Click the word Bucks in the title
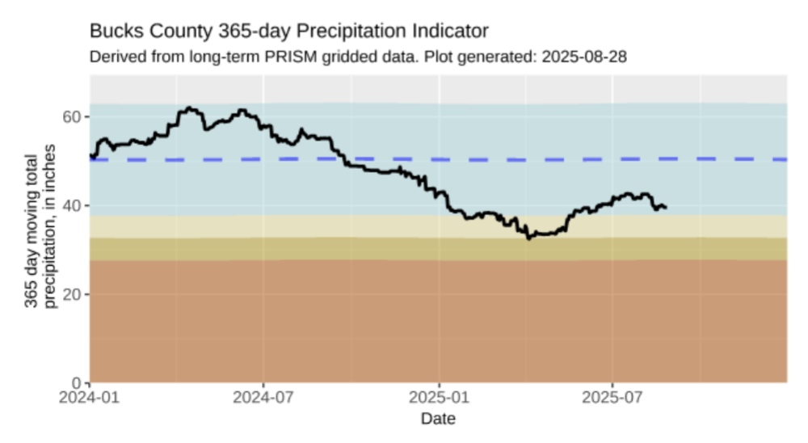pos(113,32)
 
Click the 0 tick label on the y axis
pos(78,382)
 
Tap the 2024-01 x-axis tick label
pos(90,398)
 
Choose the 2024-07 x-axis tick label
pos(263,398)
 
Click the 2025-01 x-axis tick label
pos(439,398)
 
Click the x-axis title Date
pos(438,419)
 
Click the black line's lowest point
pos(528,238)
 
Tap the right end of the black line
pos(666,208)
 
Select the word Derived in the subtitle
pos(115,57)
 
